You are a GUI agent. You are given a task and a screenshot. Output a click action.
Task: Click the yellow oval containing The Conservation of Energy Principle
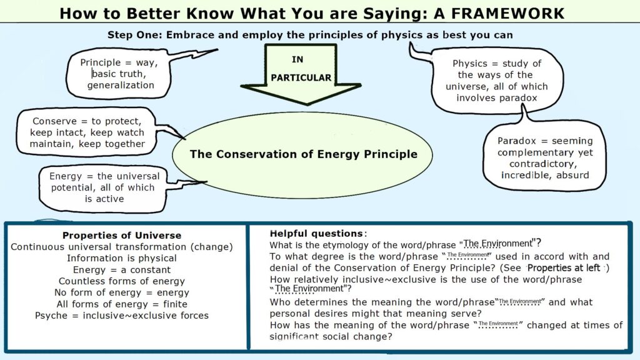pyautogui.click(x=303, y=154)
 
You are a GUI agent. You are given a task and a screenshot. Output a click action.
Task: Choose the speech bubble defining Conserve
pyautogui.click(x=87, y=132)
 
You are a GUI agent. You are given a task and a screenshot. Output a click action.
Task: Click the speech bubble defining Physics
pyautogui.click(x=497, y=81)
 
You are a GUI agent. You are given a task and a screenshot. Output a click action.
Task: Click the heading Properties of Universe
pyautogui.click(x=122, y=236)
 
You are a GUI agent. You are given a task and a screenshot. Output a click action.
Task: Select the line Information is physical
pyautogui.click(x=121, y=258)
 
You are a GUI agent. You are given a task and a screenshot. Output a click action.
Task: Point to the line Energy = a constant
pyautogui.click(x=122, y=269)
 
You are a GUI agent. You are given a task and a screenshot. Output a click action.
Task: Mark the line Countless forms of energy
pyautogui.click(x=121, y=281)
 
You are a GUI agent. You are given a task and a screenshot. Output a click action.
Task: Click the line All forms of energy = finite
pyautogui.click(x=122, y=304)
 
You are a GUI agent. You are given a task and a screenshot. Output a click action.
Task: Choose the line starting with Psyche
pyautogui.click(x=122, y=316)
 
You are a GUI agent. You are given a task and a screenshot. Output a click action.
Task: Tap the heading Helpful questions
pyautogui.click(x=316, y=232)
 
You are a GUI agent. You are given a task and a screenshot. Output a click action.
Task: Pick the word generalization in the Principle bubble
pyautogui.click(x=121, y=85)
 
